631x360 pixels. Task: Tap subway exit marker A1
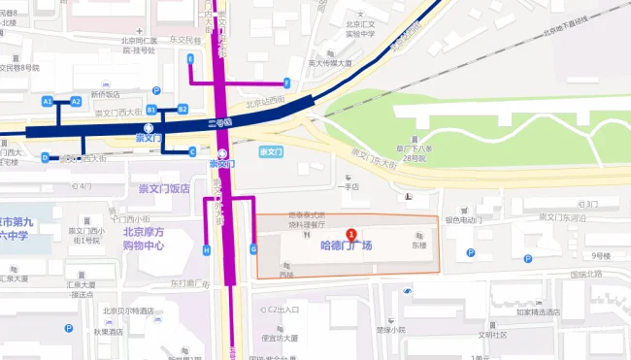pos(47,101)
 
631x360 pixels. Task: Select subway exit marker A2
pos(76,101)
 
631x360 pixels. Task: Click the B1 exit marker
pos(152,110)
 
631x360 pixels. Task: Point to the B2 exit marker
pos(182,110)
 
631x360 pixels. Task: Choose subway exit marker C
pos(192,150)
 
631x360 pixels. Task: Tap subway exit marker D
pos(45,157)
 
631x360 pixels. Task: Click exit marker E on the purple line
pos(191,59)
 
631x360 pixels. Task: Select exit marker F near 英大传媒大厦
pos(286,82)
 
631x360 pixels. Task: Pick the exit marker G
pos(253,249)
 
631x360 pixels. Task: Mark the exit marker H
pos(206,250)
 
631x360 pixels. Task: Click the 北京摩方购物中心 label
pos(143,239)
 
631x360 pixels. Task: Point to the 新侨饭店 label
pos(106,94)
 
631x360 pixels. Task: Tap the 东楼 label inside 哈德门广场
pos(417,245)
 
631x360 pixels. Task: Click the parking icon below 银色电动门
pos(470,252)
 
